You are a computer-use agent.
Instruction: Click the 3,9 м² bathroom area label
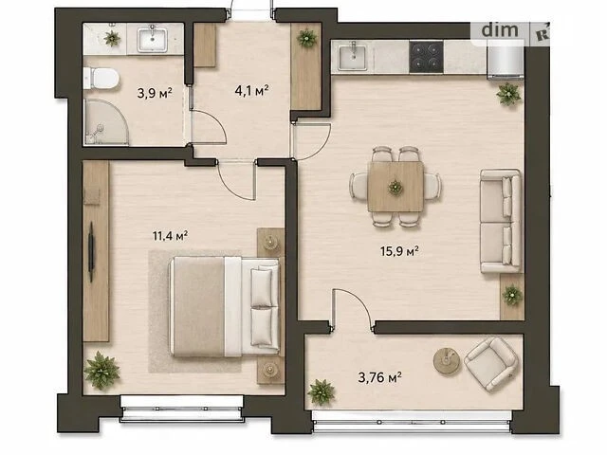pyautogui.click(x=155, y=93)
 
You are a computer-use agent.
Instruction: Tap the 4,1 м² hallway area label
pyautogui.click(x=251, y=91)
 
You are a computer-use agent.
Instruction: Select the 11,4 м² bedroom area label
pyautogui.click(x=171, y=235)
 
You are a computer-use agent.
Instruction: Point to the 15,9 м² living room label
pyautogui.click(x=399, y=251)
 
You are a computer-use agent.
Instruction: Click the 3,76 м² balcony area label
pyautogui.click(x=379, y=377)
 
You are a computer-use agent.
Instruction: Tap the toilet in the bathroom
pyautogui.click(x=101, y=78)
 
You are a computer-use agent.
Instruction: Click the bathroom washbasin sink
pyautogui.click(x=152, y=39)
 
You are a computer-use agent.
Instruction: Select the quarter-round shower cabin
pyautogui.click(x=106, y=122)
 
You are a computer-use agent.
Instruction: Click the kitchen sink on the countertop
pyautogui.click(x=353, y=57)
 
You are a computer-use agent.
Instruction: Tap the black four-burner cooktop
pyautogui.click(x=426, y=57)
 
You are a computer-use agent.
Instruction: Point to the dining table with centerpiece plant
pyautogui.click(x=395, y=187)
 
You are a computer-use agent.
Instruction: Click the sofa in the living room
pyautogui.click(x=501, y=221)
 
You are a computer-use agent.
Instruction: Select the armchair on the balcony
pyautogui.click(x=491, y=364)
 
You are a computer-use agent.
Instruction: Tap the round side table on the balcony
pyautogui.click(x=447, y=360)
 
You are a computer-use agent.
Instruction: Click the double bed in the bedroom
pyautogui.click(x=224, y=306)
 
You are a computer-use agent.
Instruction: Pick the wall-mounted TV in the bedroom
pyautogui.click(x=91, y=251)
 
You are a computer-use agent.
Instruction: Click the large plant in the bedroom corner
pyautogui.click(x=101, y=371)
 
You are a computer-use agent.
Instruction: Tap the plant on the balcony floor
pyautogui.click(x=321, y=392)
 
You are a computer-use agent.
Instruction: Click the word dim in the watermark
pyautogui.click(x=500, y=29)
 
